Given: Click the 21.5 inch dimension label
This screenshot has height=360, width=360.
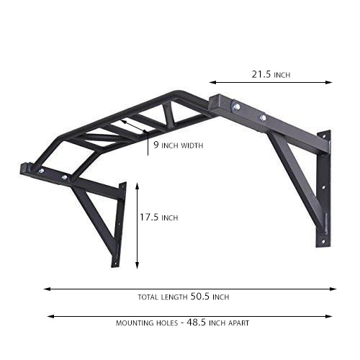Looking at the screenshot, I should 272,74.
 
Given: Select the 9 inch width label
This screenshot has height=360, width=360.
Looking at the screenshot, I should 178,145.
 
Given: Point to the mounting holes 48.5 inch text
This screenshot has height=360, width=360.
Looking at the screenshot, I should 182,323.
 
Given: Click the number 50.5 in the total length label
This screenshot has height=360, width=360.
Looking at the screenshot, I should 201,297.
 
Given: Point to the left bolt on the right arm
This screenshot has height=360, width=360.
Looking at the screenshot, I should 235,107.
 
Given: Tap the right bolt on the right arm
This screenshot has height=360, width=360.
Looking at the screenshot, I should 263,117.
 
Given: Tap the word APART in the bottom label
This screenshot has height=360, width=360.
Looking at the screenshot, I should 238,323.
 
